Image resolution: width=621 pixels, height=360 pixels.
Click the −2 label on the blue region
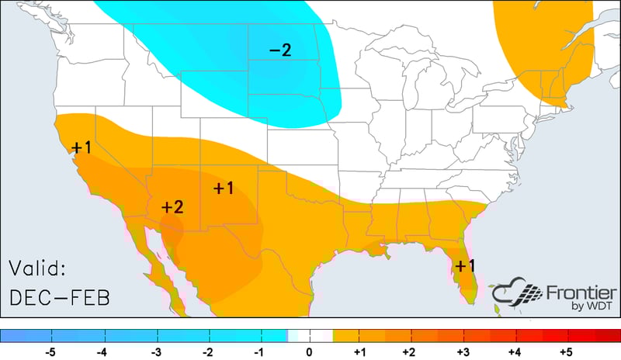click(x=280, y=51)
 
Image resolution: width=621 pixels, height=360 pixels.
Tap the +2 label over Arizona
click(x=172, y=207)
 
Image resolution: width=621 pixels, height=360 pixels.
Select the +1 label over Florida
click(x=466, y=265)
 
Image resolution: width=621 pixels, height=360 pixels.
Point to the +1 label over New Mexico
click(x=224, y=188)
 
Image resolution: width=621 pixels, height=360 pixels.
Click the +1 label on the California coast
click(x=81, y=147)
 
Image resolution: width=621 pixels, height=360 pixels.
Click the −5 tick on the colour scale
click(x=51, y=351)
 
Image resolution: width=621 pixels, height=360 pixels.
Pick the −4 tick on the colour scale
click(x=102, y=351)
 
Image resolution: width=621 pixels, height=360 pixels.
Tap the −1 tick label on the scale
click(x=258, y=351)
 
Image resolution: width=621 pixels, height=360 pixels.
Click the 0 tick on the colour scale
click(x=310, y=351)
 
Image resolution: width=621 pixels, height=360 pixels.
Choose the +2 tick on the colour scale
click(x=409, y=351)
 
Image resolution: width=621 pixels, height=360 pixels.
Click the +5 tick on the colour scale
click(x=567, y=351)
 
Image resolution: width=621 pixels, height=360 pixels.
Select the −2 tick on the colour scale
click(x=207, y=351)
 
